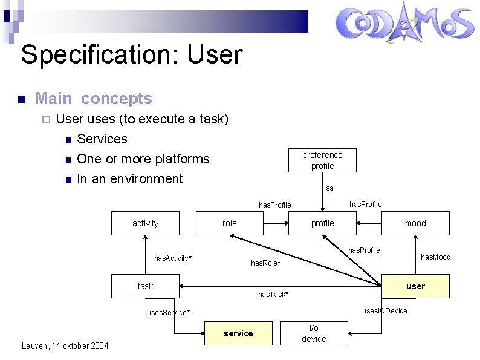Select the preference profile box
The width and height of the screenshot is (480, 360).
(x=322, y=160)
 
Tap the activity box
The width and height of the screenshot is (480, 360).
(x=145, y=223)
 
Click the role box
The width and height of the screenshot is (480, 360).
(x=230, y=223)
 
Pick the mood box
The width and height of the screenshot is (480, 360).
(x=415, y=223)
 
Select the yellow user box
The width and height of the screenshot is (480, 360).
(x=416, y=286)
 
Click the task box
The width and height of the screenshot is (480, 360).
(x=145, y=286)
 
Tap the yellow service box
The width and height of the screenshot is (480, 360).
(x=238, y=333)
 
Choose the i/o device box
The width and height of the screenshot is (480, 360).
(x=314, y=333)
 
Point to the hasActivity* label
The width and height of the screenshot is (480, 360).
(x=173, y=258)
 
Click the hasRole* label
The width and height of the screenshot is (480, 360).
(x=266, y=263)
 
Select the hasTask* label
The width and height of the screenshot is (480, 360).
(x=273, y=295)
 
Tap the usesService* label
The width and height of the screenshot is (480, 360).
(x=169, y=312)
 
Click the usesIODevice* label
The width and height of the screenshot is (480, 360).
(x=386, y=310)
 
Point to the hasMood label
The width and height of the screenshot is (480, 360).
(x=435, y=257)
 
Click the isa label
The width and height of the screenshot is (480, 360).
(x=329, y=188)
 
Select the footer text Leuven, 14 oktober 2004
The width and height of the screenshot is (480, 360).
(x=65, y=345)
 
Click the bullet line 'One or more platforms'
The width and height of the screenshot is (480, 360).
(x=143, y=159)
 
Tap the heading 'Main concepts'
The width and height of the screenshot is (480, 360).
(x=94, y=98)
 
